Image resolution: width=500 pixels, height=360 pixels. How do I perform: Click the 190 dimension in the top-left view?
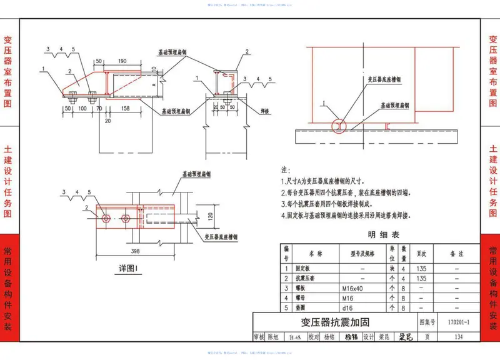122,61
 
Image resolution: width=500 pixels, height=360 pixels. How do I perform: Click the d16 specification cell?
348,308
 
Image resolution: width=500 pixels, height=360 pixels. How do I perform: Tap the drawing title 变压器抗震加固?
334,322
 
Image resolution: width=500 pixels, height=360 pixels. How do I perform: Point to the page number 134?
459,337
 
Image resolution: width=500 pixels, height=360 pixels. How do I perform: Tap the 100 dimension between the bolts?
82,109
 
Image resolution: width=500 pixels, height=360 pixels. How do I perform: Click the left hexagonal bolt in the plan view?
107,218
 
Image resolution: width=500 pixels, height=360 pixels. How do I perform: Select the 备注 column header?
457,254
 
